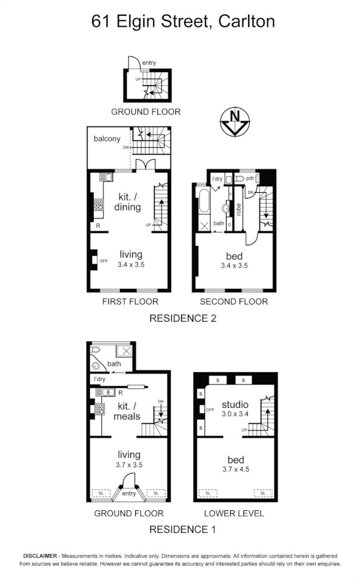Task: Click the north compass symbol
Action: (235, 123)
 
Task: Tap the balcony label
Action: (107, 139)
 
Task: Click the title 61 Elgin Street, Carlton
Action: (183, 22)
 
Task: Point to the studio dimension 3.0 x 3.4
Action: (235, 414)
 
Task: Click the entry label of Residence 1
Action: (129, 494)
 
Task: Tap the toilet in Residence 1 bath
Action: (96, 349)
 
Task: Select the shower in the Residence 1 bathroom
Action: (124, 351)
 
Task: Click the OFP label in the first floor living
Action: (104, 261)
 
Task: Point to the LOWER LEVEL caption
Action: (234, 513)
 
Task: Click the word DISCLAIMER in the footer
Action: (40, 556)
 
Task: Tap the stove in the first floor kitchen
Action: (98, 205)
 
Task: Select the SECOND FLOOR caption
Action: (234, 302)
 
